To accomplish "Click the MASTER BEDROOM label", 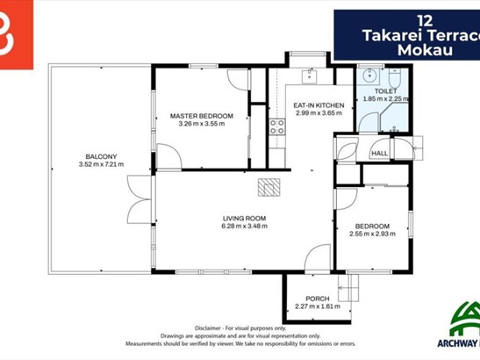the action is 202,116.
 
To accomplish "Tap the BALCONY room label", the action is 101,156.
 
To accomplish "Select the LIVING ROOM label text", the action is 244,219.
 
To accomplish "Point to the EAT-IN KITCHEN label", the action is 319,105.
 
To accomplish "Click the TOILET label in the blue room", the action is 386,91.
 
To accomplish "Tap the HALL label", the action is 380,153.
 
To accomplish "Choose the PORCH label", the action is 318,299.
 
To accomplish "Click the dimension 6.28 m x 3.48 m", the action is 244,227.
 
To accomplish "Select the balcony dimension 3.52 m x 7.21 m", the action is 101,164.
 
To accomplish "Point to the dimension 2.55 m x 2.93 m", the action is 372,234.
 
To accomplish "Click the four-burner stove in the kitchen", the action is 277,127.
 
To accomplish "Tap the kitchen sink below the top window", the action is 310,76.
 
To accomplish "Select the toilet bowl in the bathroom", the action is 394,78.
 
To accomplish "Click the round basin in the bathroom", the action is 369,76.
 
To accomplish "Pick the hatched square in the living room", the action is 269,187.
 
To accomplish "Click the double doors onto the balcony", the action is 140,199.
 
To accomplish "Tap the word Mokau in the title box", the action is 425,50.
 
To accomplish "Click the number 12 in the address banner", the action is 426,21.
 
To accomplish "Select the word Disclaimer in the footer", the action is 208,328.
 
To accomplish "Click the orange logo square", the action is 17,34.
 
